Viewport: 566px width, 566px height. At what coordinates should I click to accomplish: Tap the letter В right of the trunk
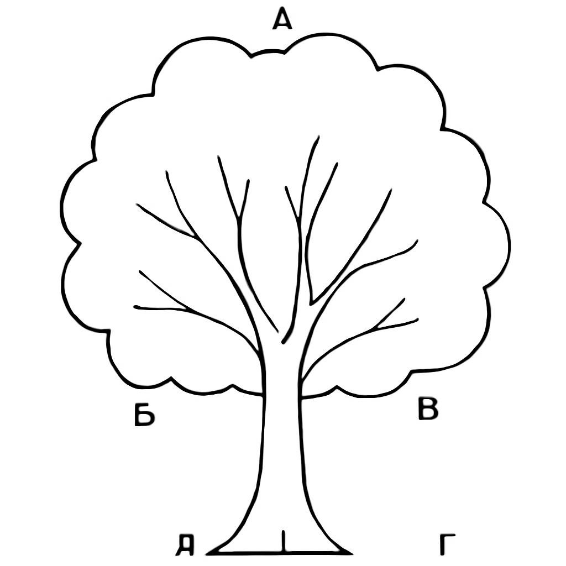[428, 408]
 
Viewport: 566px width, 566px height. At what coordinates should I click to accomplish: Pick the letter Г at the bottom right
[447, 544]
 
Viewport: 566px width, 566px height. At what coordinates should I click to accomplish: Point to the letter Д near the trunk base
[186, 545]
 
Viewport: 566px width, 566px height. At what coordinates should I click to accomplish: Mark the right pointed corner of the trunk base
[352, 553]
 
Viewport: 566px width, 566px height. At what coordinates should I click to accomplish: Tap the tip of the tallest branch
[318, 136]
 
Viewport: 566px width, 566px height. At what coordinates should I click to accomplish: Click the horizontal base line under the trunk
[279, 553]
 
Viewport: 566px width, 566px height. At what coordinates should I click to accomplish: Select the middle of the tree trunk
[283, 451]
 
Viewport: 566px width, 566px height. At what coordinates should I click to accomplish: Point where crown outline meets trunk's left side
[263, 395]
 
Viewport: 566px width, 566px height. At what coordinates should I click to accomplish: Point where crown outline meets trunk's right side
[302, 397]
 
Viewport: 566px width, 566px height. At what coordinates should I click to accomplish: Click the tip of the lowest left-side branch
[135, 307]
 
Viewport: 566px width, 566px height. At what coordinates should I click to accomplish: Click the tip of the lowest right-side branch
[417, 319]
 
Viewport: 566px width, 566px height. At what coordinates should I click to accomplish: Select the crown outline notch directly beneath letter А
[285, 53]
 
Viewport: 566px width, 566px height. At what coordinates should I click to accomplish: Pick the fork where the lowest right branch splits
[378, 327]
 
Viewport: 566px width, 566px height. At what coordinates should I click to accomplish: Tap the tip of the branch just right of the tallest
[337, 164]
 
